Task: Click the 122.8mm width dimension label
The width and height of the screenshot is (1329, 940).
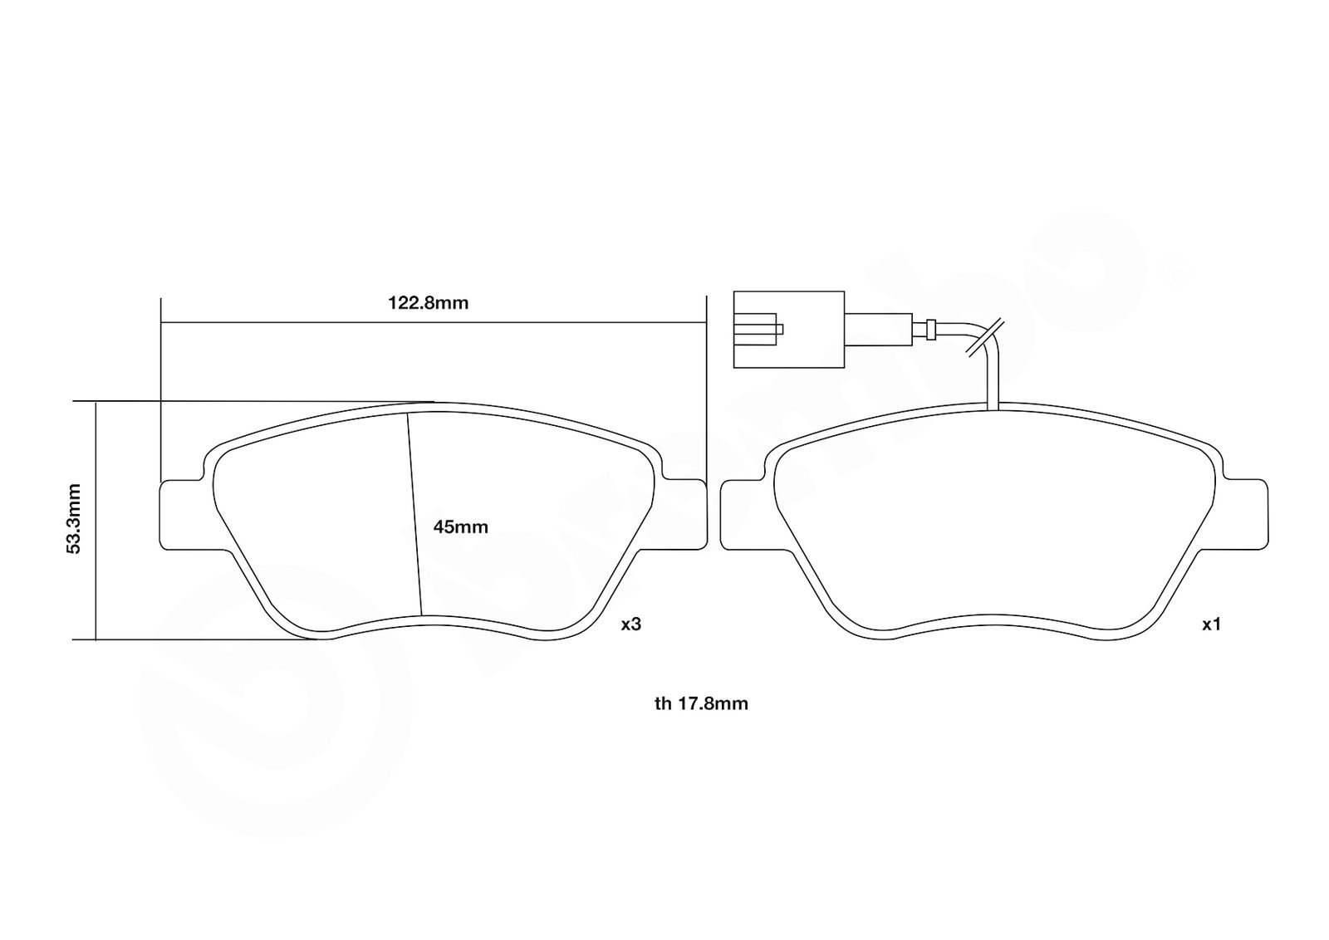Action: pyautogui.click(x=429, y=303)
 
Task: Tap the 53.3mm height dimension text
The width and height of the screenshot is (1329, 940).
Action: pyautogui.click(x=74, y=518)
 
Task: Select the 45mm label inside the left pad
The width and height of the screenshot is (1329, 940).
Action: pyautogui.click(x=460, y=526)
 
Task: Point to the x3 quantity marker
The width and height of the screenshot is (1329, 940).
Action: pyautogui.click(x=631, y=624)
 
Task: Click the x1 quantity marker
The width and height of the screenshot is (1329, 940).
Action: pyautogui.click(x=1211, y=624)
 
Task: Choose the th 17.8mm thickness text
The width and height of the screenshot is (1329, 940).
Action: pyautogui.click(x=701, y=704)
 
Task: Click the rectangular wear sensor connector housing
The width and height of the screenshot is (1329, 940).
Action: pyautogui.click(x=789, y=329)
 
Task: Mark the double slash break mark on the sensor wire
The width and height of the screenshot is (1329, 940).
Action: pyautogui.click(x=985, y=338)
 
